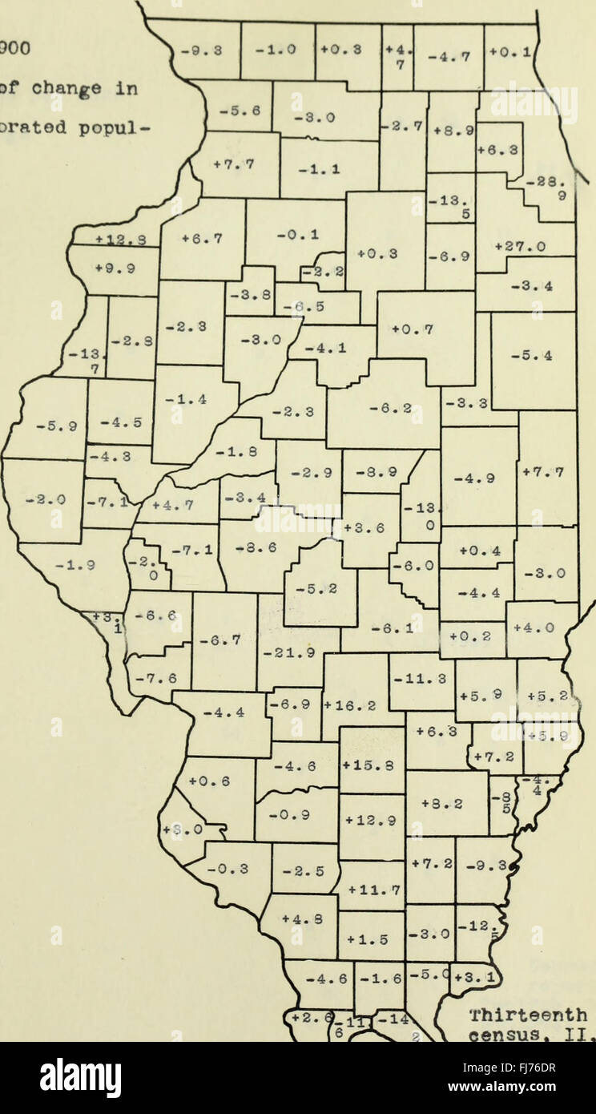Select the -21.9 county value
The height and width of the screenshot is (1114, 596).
290,654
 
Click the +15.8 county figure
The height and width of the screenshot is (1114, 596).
371,764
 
